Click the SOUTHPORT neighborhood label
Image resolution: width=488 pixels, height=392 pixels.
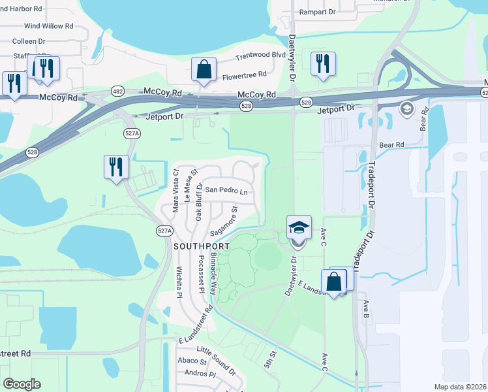[202, 246]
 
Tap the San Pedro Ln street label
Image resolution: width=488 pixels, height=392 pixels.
[226, 191]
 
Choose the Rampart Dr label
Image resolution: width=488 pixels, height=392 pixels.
[316, 12]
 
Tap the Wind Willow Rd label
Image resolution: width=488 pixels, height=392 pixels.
[48, 26]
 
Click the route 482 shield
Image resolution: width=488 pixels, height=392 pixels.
[117, 91]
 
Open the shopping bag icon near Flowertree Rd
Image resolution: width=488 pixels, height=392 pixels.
[204, 69]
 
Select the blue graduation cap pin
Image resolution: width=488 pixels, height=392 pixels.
[299, 229]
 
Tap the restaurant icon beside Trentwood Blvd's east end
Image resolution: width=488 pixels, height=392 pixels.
[322, 63]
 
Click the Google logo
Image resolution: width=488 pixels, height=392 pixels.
[22, 384]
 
